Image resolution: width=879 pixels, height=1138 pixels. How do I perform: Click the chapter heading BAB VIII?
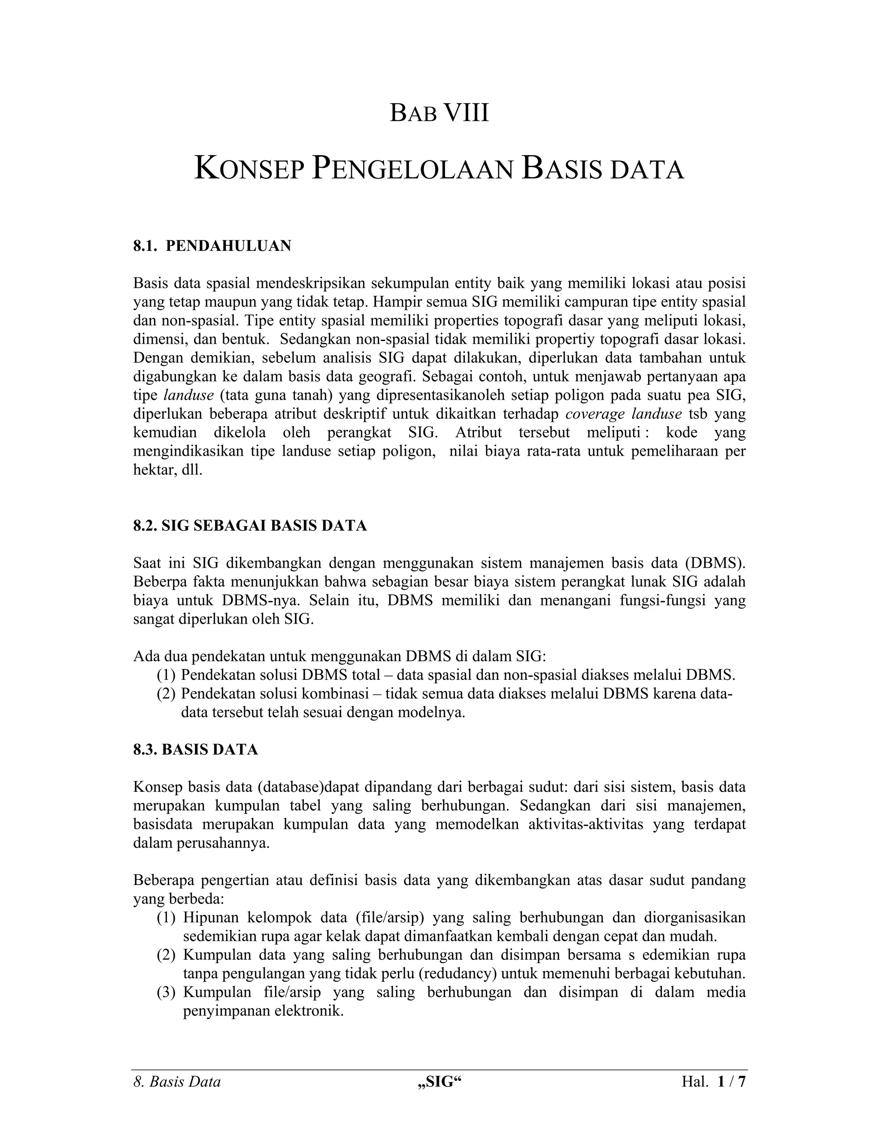tap(439, 114)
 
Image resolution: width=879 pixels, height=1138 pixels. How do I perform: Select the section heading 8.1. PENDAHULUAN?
tap(212, 246)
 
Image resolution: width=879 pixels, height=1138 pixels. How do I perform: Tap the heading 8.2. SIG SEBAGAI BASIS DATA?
tap(250, 526)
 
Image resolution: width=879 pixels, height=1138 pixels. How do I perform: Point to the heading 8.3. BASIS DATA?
tap(195, 750)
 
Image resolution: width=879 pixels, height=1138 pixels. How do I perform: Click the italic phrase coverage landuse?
tap(623, 414)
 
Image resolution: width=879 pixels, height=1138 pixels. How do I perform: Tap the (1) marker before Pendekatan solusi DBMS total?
tap(166, 675)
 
